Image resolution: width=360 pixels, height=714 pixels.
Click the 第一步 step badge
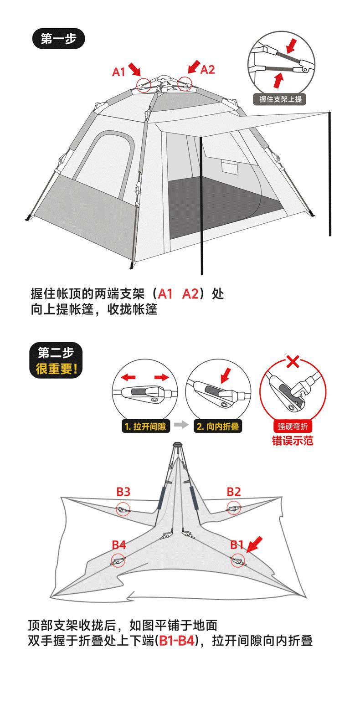click(58, 39)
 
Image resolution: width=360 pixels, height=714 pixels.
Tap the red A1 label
click(118, 72)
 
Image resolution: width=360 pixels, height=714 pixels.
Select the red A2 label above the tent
click(207, 70)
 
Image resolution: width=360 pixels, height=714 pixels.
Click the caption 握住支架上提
click(280, 99)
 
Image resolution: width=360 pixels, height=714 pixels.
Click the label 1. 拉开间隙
click(145, 426)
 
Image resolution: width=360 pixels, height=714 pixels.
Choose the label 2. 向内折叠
click(218, 426)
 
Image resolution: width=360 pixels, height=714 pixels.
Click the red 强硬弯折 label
click(293, 426)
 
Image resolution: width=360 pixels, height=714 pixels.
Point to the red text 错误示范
click(293, 440)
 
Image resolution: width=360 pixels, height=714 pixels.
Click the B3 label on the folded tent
click(123, 492)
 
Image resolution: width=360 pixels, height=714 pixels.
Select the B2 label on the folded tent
click(234, 492)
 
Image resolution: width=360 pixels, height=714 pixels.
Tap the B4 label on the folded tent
click(118, 544)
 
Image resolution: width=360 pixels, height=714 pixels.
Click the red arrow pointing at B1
click(255, 544)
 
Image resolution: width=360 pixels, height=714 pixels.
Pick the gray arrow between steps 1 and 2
click(181, 425)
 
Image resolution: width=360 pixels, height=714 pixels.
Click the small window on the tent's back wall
click(230, 166)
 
